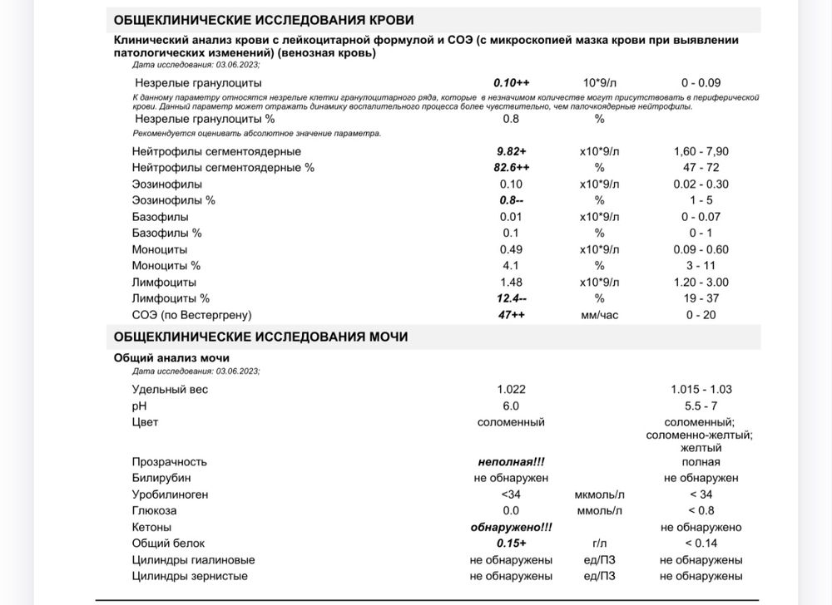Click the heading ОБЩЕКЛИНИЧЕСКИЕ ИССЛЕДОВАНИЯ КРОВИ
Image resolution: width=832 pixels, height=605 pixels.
click(x=263, y=20)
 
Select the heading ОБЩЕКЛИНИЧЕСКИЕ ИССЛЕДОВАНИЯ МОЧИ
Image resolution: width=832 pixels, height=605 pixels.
click(x=260, y=337)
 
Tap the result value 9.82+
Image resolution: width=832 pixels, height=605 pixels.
click(x=512, y=151)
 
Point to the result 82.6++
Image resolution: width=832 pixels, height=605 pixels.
click(x=512, y=168)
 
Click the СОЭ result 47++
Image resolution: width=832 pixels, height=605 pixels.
click(x=512, y=315)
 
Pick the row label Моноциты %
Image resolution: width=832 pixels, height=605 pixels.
click(x=166, y=266)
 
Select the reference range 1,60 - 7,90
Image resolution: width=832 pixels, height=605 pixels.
click(x=701, y=151)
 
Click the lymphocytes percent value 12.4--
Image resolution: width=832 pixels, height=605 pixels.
click(x=512, y=298)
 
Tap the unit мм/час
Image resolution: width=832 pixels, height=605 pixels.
click(x=599, y=315)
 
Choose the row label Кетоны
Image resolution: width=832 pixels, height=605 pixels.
click(x=151, y=527)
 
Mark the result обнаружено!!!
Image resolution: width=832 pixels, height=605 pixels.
click(x=512, y=527)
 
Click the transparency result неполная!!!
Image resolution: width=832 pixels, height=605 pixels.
click(x=512, y=462)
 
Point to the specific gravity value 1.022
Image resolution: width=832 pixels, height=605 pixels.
click(x=512, y=389)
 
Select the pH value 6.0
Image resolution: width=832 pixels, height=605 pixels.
click(x=511, y=406)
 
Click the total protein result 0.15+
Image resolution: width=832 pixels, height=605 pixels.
click(x=512, y=544)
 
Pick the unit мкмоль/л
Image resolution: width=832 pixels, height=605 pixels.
click(x=599, y=494)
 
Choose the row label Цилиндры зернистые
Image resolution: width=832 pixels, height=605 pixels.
click(x=190, y=576)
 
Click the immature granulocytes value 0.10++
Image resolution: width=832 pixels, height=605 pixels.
click(x=512, y=82)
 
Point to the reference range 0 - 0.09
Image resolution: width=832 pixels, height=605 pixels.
click(x=701, y=82)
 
